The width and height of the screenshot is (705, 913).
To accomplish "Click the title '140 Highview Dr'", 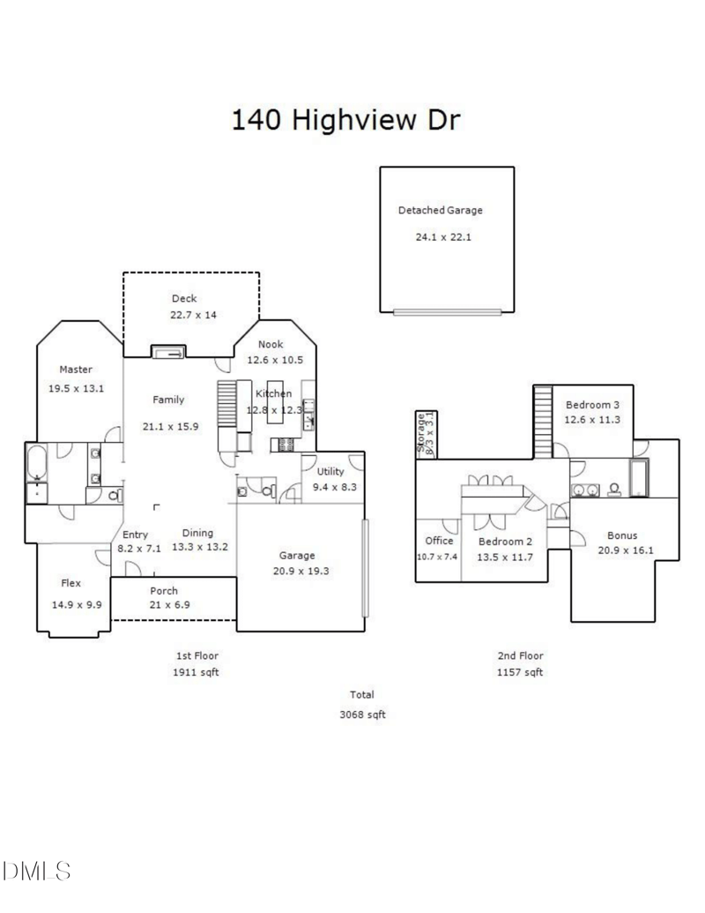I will (345, 120).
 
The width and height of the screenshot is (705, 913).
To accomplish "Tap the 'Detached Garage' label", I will (440, 211).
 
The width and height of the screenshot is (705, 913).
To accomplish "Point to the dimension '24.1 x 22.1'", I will (443, 236).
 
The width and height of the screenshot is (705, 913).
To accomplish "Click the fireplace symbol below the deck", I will (167, 353).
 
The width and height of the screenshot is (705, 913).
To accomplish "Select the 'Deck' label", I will (184, 299).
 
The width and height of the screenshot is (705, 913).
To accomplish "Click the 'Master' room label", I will (76, 370).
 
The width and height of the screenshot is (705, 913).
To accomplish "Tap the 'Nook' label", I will (271, 344).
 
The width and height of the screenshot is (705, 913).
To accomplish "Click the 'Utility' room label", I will (330, 472).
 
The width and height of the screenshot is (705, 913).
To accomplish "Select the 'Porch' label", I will (164, 591).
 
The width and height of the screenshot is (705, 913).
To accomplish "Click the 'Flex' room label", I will (71, 583).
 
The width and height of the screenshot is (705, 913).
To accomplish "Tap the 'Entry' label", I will (135, 535).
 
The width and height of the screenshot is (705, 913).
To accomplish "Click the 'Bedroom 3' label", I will (593, 404).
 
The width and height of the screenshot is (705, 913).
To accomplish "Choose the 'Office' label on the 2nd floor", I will (438, 541).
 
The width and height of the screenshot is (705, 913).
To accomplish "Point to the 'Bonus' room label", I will (622, 535).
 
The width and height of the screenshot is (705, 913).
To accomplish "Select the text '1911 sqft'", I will (196, 672).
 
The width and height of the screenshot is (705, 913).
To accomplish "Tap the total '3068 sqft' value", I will (362, 715).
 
